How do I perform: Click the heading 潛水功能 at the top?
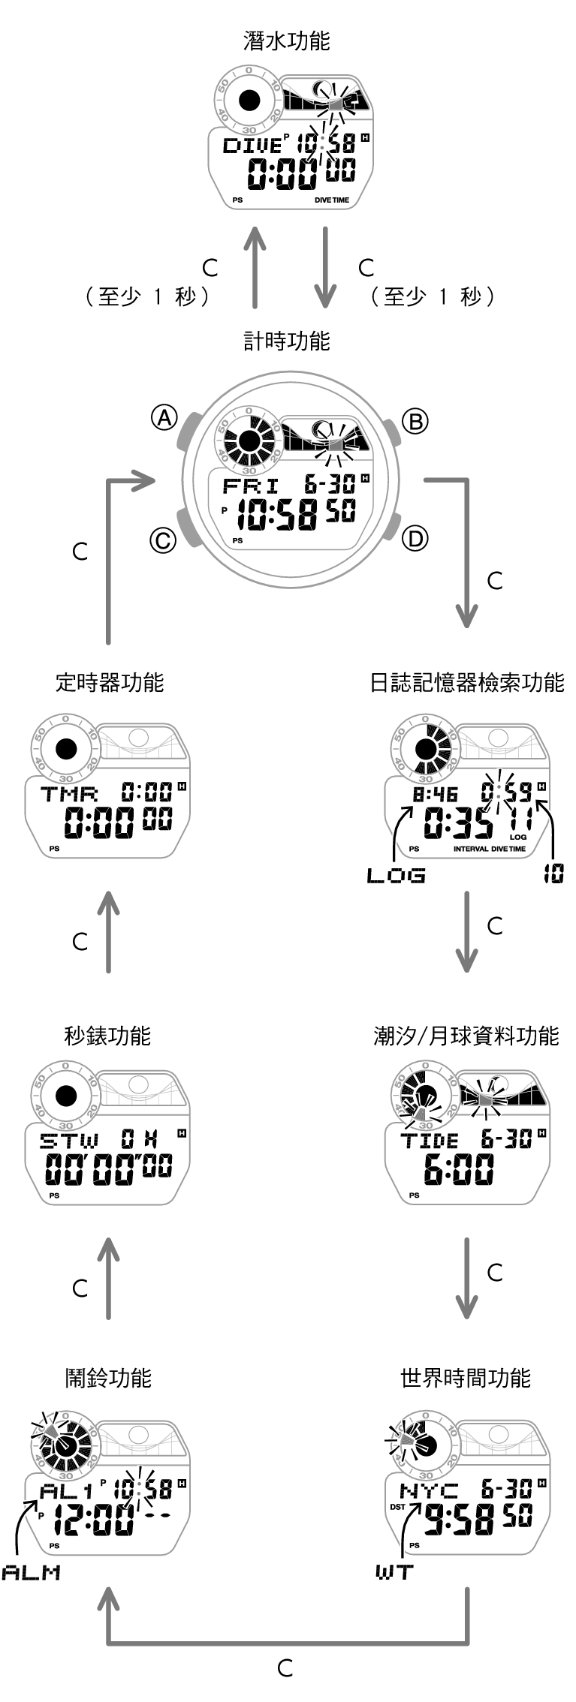(287, 41)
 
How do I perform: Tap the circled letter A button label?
(164, 417)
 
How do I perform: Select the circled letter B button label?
(415, 421)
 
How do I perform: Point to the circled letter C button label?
(163, 540)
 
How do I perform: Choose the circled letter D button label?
(415, 538)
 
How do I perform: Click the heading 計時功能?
(287, 341)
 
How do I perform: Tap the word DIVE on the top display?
(252, 146)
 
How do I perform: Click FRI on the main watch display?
(250, 486)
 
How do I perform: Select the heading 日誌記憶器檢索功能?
(466, 682)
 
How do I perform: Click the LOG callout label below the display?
(396, 875)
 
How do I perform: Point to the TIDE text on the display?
(429, 1141)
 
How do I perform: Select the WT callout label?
(394, 1571)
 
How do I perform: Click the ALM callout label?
(31, 1572)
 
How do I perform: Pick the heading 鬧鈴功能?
(108, 1378)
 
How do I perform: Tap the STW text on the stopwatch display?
(69, 1141)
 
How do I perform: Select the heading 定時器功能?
(110, 682)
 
